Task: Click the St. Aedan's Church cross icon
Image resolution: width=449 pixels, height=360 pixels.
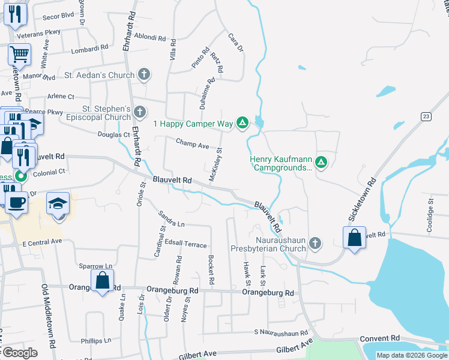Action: coord(143,75)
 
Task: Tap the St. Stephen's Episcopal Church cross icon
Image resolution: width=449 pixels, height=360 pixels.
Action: coord(140,112)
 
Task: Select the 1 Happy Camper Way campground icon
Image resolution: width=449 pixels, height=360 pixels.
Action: coord(242,124)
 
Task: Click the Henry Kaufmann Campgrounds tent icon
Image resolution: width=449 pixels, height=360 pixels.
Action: coord(321,162)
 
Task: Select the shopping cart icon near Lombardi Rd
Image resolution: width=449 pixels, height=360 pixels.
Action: coord(19,55)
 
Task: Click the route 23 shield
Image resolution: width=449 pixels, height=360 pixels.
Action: coord(426,116)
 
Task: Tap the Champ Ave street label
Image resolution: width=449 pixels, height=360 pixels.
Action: coord(192,144)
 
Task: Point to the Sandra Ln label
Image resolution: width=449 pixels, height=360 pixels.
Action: coord(171,219)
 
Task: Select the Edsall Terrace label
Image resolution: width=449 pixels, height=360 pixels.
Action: coord(187,245)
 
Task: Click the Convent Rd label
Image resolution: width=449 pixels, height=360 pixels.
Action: coord(380,338)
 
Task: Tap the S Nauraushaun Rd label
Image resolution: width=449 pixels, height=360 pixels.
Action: coord(281,331)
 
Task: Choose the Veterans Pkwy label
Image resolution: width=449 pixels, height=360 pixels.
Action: coord(40,34)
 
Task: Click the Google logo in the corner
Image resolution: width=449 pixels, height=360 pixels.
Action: coord(19,352)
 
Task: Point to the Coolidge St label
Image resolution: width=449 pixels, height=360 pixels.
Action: coord(430,209)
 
